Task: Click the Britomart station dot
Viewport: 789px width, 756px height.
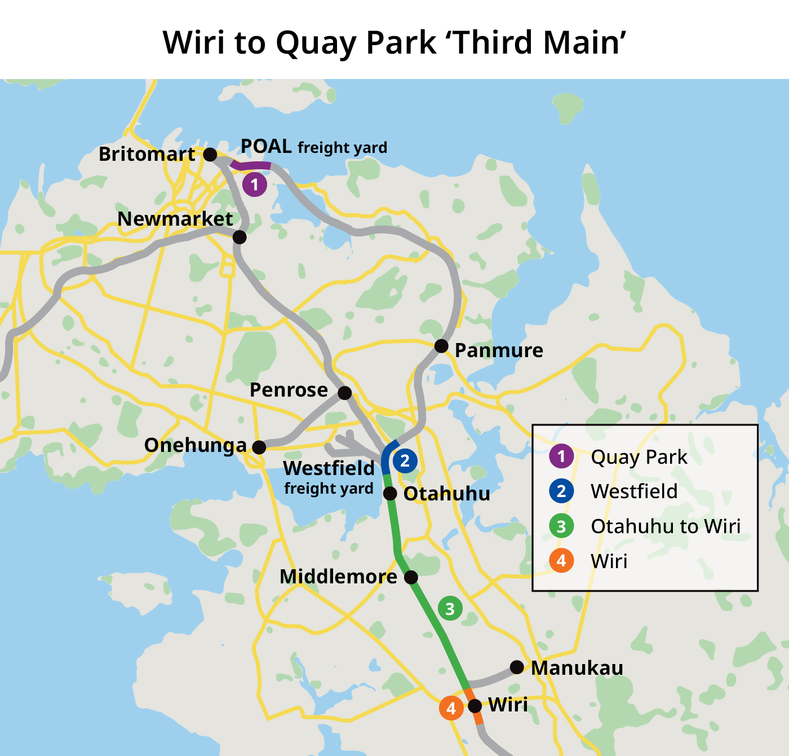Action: click(210, 155)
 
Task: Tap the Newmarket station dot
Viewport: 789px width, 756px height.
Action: click(240, 237)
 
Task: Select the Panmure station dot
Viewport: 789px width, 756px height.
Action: click(441, 346)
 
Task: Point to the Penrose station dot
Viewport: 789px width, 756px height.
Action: click(345, 393)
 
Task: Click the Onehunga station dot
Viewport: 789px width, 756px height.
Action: click(259, 447)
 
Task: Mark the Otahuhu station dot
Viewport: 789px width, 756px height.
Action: click(390, 494)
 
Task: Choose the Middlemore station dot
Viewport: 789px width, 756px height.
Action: click(411, 577)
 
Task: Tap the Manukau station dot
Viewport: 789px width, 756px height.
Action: click(517, 667)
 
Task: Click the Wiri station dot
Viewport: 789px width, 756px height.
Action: click(475, 706)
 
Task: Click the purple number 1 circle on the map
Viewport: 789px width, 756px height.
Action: click(255, 184)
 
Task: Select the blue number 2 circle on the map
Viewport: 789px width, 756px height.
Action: click(405, 461)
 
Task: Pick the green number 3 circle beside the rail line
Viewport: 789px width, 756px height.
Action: click(450, 609)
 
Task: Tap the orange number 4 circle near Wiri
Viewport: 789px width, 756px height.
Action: click(451, 708)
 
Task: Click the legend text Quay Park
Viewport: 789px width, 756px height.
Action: click(639, 457)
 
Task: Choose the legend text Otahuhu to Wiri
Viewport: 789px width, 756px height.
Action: click(666, 526)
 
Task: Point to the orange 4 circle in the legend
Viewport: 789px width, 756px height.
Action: click(561, 561)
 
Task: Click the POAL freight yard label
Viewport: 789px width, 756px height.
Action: click(314, 147)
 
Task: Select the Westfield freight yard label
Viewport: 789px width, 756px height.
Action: click(329, 477)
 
